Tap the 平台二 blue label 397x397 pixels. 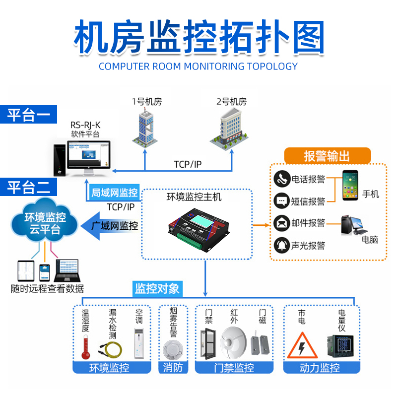(28, 188)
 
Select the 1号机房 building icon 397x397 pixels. (146, 127)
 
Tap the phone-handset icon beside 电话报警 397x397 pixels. (282, 179)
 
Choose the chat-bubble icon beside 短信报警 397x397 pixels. (282, 201)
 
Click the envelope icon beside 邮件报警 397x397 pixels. (282, 223)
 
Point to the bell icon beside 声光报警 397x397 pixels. (282, 245)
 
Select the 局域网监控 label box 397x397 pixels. (114, 193)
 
